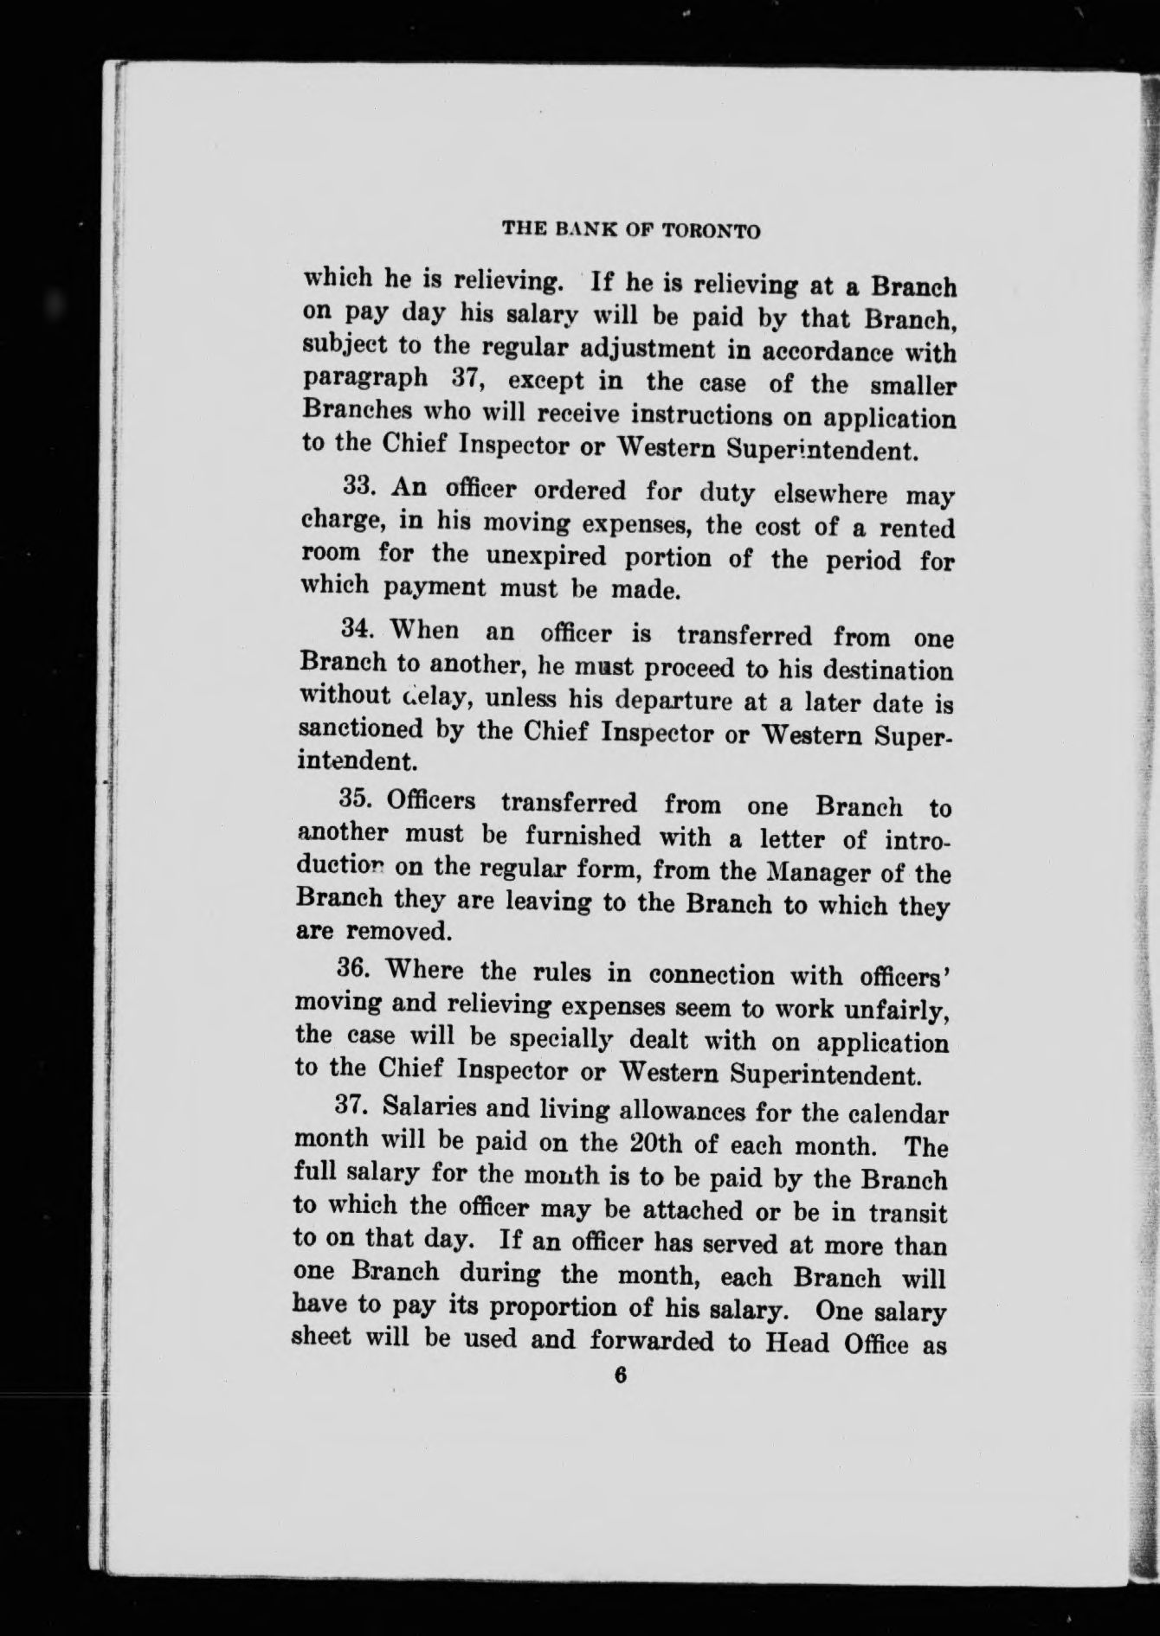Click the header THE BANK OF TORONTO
coord(631,231)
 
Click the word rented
coord(917,528)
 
